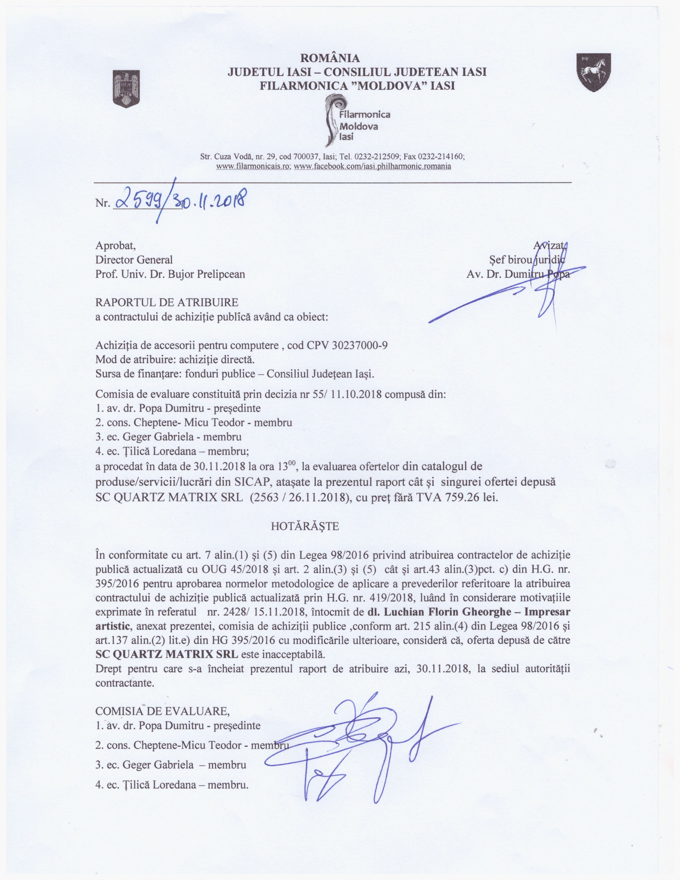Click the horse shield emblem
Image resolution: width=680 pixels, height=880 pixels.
click(593, 72)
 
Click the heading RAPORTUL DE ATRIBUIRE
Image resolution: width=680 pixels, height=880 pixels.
click(167, 302)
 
